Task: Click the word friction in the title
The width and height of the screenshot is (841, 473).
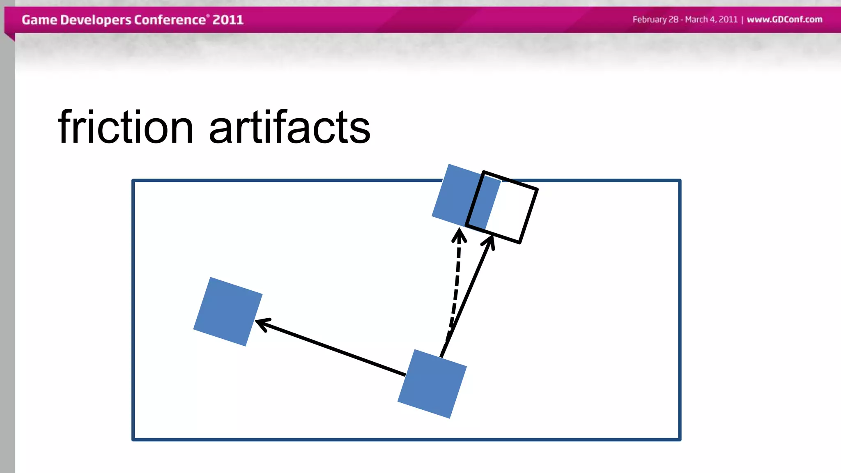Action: point(125,127)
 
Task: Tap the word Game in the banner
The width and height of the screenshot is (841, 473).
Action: point(39,20)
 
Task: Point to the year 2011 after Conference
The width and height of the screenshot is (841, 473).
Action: point(228,20)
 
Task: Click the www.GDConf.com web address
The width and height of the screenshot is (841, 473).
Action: point(784,19)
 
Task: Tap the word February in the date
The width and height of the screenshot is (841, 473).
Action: point(650,20)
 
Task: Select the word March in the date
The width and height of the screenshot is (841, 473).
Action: point(696,19)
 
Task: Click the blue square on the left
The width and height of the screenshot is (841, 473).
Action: point(228,312)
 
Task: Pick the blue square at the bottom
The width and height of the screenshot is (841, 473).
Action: point(432,384)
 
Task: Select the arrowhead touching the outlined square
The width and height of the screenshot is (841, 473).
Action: point(490,241)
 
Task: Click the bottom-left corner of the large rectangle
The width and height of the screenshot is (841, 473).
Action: point(133,439)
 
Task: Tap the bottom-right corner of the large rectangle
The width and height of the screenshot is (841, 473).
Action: point(680,439)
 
